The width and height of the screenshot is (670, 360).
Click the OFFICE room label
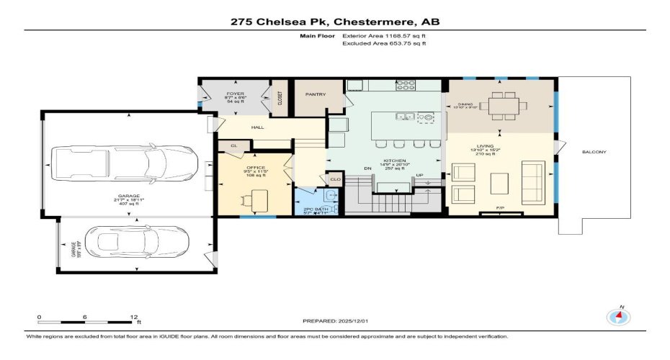pyautogui.click(x=256, y=168)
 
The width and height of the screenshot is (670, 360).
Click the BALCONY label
pyautogui.click(x=594, y=152)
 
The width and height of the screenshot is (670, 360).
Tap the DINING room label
pyautogui.click(x=465, y=104)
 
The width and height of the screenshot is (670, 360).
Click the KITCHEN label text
pyautogui.click(x=394, y=161)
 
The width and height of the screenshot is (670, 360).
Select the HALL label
pyautogui.click(x=257, y=127)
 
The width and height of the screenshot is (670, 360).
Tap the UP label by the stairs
pyautogui.click(x=419, y=175)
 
